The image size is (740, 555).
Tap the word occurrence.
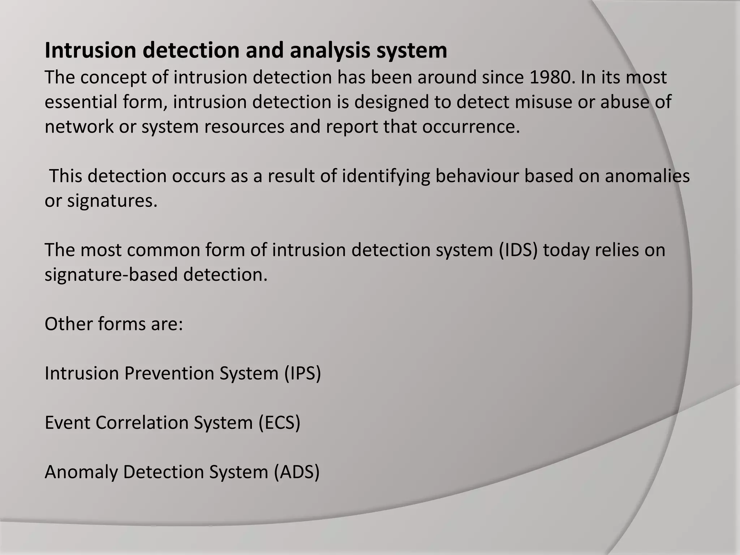pos(471,127)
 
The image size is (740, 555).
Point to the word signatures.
pos(112,201)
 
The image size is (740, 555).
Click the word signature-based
pos(111,275)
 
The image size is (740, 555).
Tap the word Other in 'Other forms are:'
pos(68,324)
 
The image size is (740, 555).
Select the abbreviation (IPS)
pos(302,373)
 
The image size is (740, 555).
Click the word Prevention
pos(169,373)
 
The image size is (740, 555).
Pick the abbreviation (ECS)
pos(279,423)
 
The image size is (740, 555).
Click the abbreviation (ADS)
pos(297,472)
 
